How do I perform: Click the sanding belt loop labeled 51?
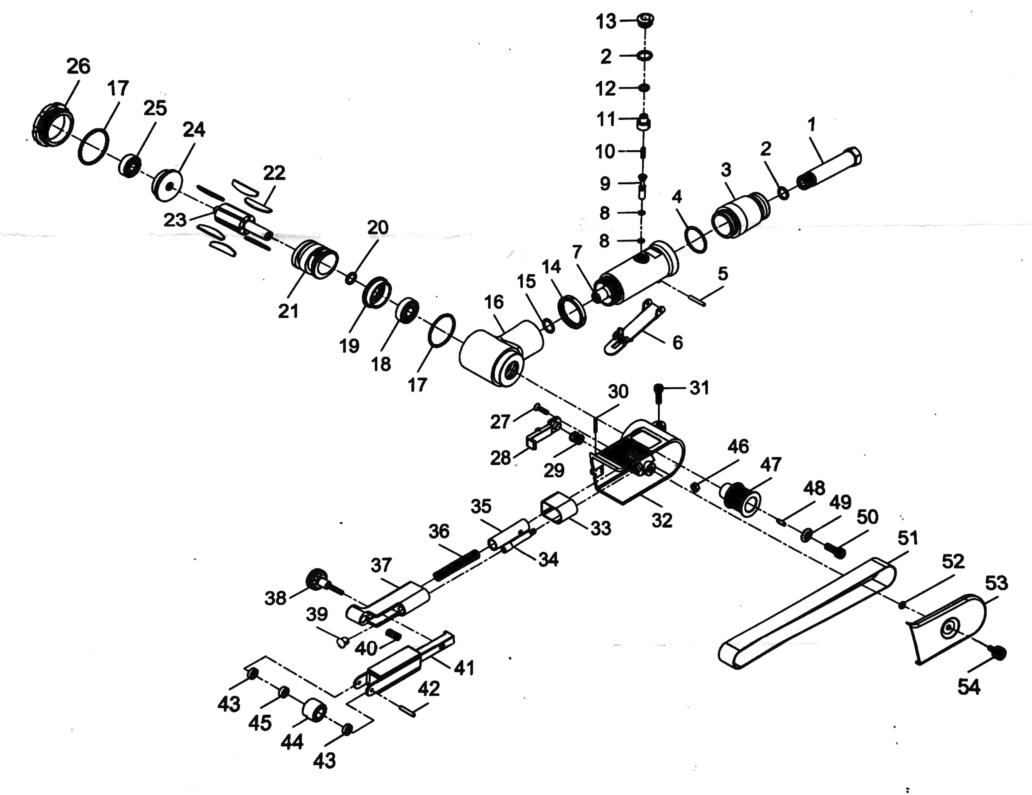pos(803,614)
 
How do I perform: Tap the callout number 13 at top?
pos(606,22)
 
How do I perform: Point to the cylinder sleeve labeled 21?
pos(314,262)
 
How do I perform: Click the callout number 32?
pos(662,520)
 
